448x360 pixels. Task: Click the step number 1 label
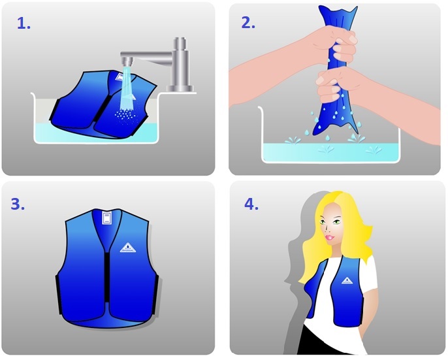(x=24, y=23)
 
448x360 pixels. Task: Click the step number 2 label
(x=248, y=22)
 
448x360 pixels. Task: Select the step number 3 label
(x=18, y=204)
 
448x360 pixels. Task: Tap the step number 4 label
(x=251, y=204)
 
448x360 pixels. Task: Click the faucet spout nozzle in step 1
(x=127, y=61)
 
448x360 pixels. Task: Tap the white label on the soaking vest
(x=120, y=76)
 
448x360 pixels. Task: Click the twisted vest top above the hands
(x=337, y=17)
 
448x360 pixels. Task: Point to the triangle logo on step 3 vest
(x=128, y=248)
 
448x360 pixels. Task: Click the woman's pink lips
(x=329, y=238)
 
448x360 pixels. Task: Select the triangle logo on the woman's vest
(x=347, y=280)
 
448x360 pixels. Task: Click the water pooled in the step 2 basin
(x=330, y=152)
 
